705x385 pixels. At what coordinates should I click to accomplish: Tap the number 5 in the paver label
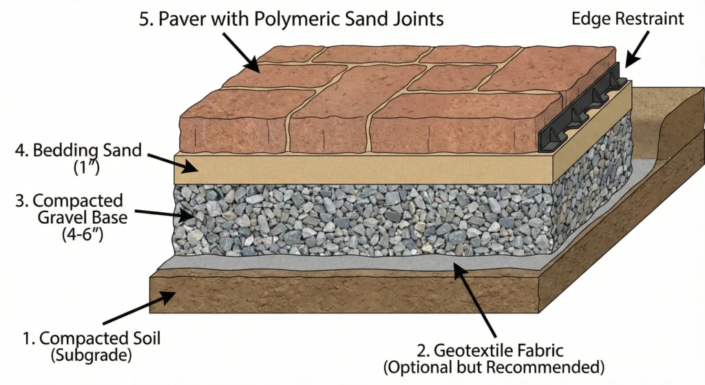tap(145, 19)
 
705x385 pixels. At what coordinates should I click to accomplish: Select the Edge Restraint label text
tap(628, 19)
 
